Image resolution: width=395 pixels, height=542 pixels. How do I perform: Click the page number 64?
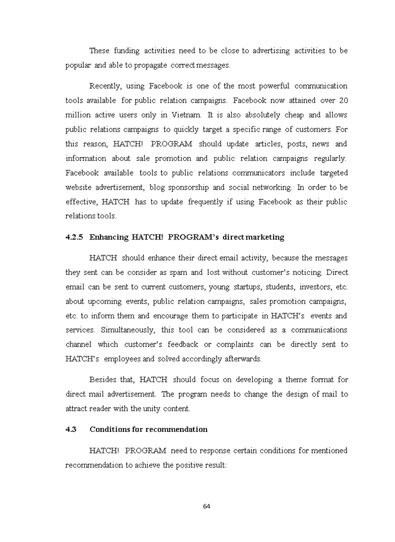[207, 506]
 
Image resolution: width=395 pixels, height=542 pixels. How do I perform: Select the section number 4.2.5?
[74, 238]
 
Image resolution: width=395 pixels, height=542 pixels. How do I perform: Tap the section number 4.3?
[71, 430]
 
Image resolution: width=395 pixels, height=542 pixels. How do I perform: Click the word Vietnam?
[187, 115]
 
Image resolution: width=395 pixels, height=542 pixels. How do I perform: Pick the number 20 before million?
[343, 101]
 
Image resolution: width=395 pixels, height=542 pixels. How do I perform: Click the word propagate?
[151, 65]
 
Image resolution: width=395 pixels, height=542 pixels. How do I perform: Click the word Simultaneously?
[122, 330]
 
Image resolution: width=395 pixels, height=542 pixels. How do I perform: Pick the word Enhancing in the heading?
[108, 238]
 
